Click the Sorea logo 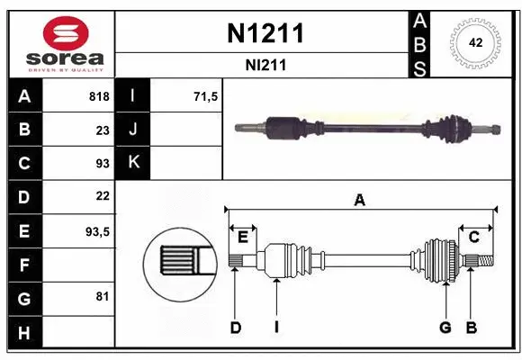click(x=60, y=44)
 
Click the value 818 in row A click(x=98, y=96)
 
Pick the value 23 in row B click(x=102, y=130)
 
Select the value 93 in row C click(x=102, y=163)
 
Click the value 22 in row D click(x=102, y=196)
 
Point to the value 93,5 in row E click(x=96, y=230)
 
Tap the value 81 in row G click(x=102, y=296)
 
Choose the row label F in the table click(x=23, y=265)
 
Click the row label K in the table click(x=134, y=163)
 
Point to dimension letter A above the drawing click(x=360, y=200)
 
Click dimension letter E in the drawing click(x=243, y=237)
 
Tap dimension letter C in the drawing click(x=473, y=237)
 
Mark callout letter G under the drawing click(x=445, y=328)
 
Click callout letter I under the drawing click(x=277, y=328)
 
